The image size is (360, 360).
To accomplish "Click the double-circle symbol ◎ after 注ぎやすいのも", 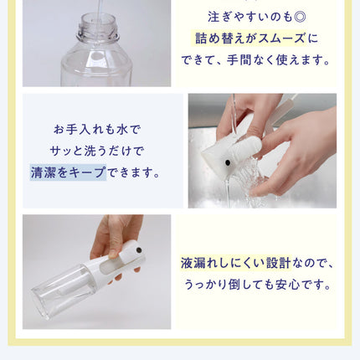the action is (300, 17).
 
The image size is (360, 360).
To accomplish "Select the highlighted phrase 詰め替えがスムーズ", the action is (249, 39).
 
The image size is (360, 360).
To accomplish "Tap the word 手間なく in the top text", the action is (249, 59).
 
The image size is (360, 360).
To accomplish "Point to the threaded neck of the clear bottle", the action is (98, 28).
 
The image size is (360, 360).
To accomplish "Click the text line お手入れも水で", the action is (97, 130).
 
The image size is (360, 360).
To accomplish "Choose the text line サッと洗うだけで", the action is (97, 151).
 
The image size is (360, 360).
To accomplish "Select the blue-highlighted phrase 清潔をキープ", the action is (68, 172).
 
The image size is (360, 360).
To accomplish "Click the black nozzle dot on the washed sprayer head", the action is (228, 162).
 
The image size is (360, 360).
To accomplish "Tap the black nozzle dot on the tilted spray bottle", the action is (138, 249).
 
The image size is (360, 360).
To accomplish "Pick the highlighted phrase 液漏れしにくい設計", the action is (235, 263).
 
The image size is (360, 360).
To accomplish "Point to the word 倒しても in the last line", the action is (246, 285).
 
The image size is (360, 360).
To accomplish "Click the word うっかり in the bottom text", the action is (204, 285).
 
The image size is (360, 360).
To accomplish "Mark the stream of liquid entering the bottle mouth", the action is (98, 11).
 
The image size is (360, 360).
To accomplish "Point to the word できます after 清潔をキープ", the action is (131, 172).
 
